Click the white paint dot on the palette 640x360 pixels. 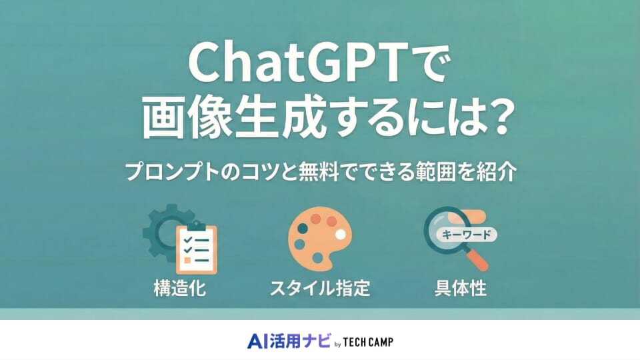tap(341, 234)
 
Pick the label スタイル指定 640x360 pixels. tap(319, 289)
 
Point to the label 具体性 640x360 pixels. tap(460, 289)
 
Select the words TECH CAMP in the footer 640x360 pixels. tap(369, 342)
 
